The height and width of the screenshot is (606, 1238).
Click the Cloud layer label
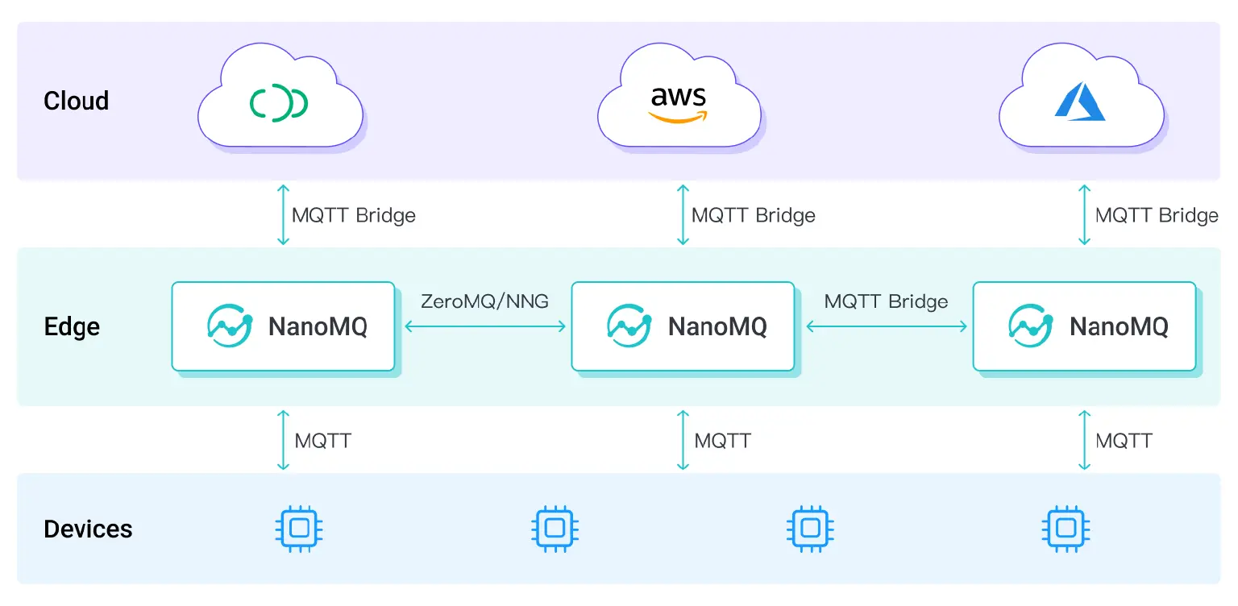tap(76, 101)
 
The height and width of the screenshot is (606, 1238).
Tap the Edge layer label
tap(72, 327)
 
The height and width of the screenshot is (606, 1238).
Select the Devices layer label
tap(88, 529)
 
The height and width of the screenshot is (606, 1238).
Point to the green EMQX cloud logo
tap(278, 103)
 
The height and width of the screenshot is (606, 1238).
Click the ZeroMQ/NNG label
tap(484, 301)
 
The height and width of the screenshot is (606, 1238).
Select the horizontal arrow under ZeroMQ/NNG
tap(484, 326)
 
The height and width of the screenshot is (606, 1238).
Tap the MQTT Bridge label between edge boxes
tap(886, 301)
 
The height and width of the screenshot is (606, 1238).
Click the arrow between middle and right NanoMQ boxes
tap(886, 326)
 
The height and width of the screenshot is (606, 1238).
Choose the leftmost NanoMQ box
tap(283, 326)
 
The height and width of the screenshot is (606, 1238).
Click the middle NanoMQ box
tap(683, 326)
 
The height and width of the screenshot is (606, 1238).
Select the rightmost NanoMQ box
tap(1084, 326)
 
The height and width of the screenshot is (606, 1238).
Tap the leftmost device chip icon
tap(299, 529)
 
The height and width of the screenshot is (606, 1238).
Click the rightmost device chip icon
tap(1066, 529)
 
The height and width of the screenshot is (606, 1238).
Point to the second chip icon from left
tap(555, 529)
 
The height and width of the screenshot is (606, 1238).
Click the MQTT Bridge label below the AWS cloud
tap(754, 215)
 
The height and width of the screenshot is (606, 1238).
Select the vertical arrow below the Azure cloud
tap(1085, 214)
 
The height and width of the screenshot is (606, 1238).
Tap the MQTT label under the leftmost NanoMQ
tap(322, 441)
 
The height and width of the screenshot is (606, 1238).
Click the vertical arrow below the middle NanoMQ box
tap(683, 440)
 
